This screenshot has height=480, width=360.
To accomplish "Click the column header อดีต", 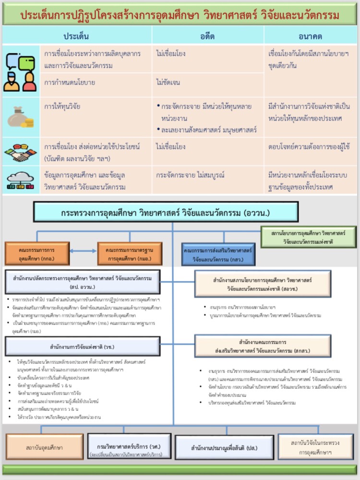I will [207, 36].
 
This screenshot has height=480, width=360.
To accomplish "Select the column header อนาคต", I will [310, 36].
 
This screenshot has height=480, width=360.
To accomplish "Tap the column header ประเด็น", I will [76, 36].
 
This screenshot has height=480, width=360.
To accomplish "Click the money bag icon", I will [21, 117].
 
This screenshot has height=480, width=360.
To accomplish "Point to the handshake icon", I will [21, 151].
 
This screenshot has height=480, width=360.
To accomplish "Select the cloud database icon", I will [21, 180].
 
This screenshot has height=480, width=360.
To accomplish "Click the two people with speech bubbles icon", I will [21, 72].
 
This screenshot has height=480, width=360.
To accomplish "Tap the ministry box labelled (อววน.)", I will [166, 212].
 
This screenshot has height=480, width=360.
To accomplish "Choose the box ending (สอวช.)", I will [263, 284].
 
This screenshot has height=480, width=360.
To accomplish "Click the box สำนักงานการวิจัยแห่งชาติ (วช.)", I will [83, 346].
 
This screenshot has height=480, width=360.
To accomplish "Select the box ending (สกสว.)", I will [263, 346].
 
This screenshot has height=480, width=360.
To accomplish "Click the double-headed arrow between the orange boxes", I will [83, 251].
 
